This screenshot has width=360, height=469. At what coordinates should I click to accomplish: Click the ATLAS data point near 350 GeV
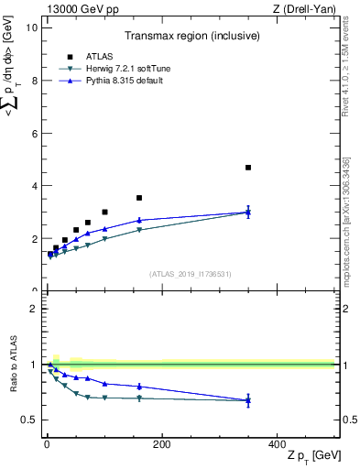[248, 168]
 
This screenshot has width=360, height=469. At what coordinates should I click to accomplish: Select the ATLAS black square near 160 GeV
[139, 198]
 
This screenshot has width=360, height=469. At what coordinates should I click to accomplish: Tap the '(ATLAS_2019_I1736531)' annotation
[189, 274]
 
